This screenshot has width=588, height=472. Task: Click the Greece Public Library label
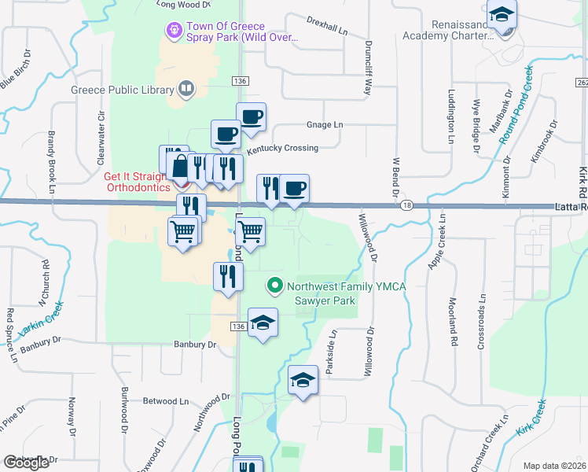(122, 89)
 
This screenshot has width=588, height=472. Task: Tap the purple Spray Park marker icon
(174, 31)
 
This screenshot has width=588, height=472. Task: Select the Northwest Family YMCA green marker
(274, 286)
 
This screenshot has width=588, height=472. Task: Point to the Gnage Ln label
(325, 124)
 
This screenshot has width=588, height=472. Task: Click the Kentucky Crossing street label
(282, 148)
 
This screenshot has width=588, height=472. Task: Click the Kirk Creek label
(531, 419)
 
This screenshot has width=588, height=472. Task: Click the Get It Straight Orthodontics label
(138, 182)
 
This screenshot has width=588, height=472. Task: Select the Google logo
(26, 462)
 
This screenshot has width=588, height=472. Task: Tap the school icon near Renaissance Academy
(501, 14)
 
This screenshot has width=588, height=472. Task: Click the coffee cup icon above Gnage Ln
(251, 117)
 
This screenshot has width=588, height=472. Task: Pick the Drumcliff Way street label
(367, 68)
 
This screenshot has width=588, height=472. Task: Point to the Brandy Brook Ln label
(51, 161)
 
